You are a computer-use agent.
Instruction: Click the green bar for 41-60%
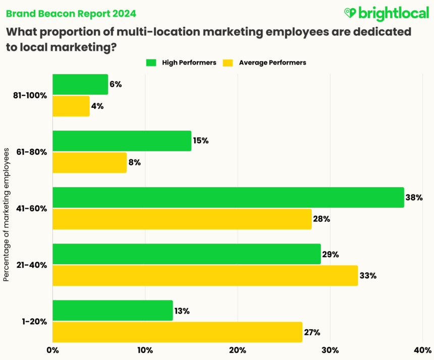(228, 197)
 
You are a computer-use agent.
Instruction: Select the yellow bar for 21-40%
(205, 276)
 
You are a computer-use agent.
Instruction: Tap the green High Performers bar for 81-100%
(80, 84)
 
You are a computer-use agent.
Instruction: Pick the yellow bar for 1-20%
(177, 332)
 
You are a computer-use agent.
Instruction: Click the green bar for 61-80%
(122, 141)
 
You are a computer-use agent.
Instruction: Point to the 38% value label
(414, 198)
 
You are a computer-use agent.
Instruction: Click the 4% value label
(97, 106)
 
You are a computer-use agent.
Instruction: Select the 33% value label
(368, 276)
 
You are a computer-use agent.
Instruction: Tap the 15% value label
(200, 141)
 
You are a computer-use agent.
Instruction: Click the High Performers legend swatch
(151, 63)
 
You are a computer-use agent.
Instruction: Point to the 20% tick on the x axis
(237, 350)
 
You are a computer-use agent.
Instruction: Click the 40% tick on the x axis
(422, 350)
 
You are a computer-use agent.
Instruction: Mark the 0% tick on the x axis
(52, 350)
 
